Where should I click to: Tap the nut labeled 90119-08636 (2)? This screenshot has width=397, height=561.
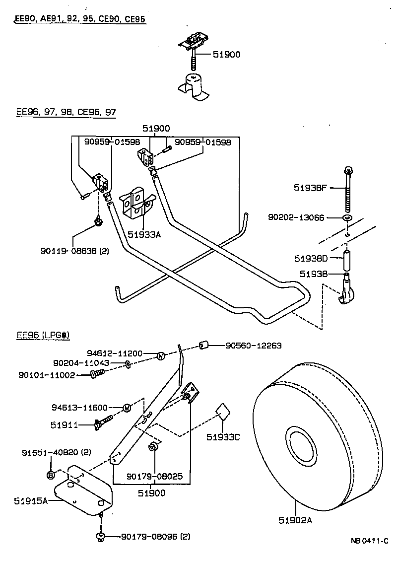point(98,220)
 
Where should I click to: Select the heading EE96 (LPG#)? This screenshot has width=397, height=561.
point(43,335)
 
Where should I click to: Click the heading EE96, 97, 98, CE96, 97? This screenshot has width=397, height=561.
point(66,112)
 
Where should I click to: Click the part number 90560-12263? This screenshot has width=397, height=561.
point(253,346)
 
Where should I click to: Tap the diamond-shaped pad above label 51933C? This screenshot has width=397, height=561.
point(222,412)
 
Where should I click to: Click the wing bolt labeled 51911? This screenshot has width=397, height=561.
point(104,424)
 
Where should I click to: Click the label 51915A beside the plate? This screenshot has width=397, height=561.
point(30,501)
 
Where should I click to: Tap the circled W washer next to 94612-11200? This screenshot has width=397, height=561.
point(160,355)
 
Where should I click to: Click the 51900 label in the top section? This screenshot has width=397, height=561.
point(226,55)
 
